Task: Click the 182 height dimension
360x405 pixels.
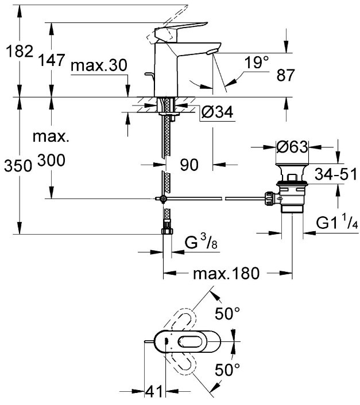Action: coord(20,51)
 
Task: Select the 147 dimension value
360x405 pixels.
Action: coord(52,60)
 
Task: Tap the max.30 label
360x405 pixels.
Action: coord(99,65)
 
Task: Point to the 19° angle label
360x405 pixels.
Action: coord(257,63)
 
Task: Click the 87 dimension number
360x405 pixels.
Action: coord(285,75)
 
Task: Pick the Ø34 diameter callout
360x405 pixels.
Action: coord(218,112)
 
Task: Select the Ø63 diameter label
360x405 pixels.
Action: coord(292,147)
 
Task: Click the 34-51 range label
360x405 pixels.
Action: coord(336,174)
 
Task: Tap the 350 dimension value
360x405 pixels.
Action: coord(18,166)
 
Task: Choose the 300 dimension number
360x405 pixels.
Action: coord(52,160)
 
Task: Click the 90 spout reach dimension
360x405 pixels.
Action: coord(189,165)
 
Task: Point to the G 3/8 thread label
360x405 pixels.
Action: coord(201,242)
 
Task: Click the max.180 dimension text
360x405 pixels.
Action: coord(226,273)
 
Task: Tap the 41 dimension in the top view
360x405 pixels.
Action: coord(154,391)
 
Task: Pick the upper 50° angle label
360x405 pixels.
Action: coord(227,313)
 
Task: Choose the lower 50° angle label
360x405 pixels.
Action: coord(227,369)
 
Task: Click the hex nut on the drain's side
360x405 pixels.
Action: coord(269,198)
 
